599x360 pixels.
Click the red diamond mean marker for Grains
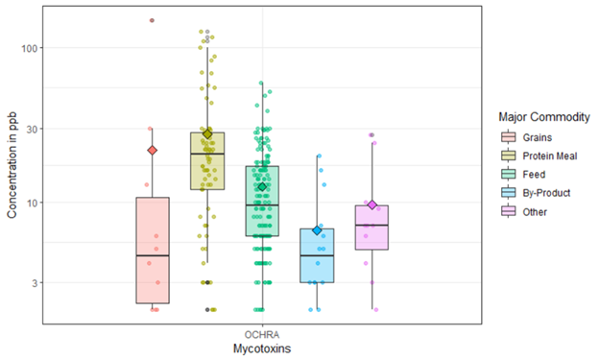[x=152, y=150]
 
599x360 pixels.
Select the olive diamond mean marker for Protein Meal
[x=207, y=133]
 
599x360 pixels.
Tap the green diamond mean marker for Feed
[x=262, y=187]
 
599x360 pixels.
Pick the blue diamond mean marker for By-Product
[x=317, y=230]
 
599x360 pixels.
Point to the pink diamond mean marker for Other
[x=371, y=204]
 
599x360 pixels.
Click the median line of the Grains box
[x=152, y=255]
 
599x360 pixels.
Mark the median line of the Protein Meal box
[x=207, y=154]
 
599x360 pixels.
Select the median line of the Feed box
[x=262, y=204]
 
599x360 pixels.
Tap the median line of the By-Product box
[x=317, y=255]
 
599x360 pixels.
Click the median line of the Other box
[x=371, y=225]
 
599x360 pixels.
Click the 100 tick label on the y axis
[x=28, y=48]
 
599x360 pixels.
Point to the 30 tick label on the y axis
[x=31, y=129]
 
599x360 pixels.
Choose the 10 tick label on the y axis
[x=31, y=203]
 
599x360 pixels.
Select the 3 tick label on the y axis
[x=34, y=283]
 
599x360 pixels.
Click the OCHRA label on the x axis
[x=262, y=335]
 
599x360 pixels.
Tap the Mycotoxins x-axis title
[x=262, y=348]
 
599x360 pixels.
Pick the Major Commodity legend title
[x=538, y=117]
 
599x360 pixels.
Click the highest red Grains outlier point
[x=152, y=20]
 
